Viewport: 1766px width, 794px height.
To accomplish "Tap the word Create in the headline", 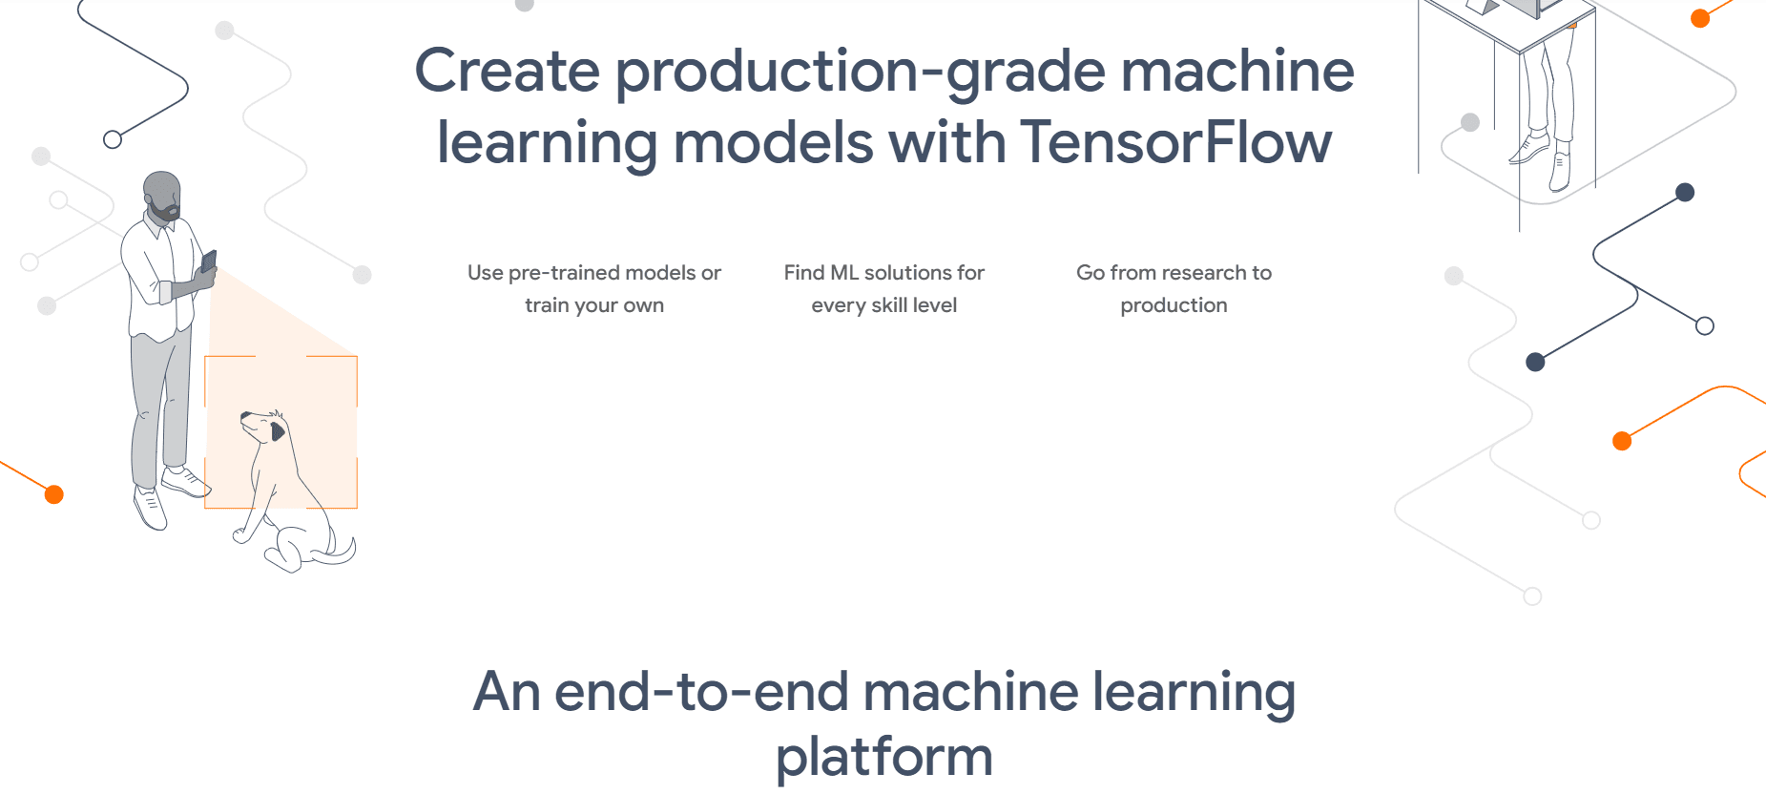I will (507, 72).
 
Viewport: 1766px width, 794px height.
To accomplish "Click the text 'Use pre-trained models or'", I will (593, 273).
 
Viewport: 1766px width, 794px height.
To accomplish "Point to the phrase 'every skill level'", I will (883, 305).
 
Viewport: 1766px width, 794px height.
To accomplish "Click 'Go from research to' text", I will (1174, 273).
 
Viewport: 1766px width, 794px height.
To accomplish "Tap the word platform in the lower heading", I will (883, 756).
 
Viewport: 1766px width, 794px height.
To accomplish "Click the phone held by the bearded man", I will (209, 261).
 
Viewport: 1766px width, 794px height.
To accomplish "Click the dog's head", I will (263, 426).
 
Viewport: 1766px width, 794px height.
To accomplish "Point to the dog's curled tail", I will (341, 553).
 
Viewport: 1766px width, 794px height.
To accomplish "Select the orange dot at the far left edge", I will (54, 494).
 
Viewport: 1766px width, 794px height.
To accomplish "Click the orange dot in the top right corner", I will (1700, 18).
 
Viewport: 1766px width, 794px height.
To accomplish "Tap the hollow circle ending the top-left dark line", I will (113, 139).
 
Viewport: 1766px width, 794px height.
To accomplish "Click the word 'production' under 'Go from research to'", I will (1174, 305).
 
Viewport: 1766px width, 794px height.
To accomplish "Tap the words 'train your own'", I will (593, 305).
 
